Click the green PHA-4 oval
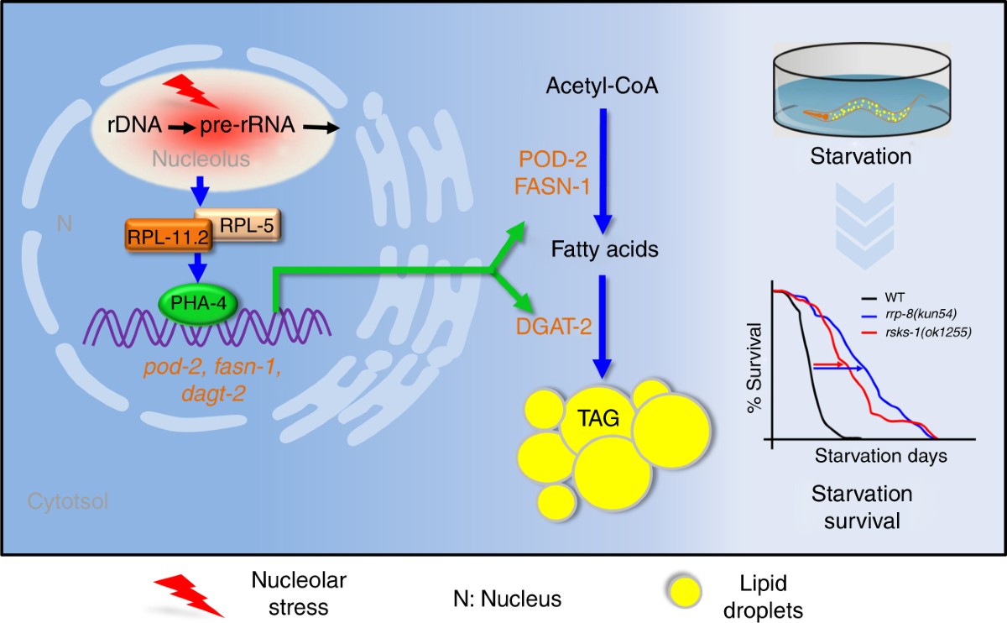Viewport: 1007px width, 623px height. click(198, 304)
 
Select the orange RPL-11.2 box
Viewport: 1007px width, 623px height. click(169, 236)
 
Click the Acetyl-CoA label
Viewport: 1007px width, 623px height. click(602, 86)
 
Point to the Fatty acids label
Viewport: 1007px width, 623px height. click(605, 249)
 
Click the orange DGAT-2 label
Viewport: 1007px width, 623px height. click(553, 326)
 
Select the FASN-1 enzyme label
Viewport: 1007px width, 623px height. click(552, 186)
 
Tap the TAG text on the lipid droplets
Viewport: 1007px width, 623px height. click(598, 418)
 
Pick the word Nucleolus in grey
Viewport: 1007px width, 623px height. click(201, 159)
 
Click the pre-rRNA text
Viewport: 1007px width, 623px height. click(248, 124)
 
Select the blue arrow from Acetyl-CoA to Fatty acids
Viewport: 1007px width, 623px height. click(603, 171)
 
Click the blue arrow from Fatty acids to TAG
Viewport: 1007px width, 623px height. click(602, 327)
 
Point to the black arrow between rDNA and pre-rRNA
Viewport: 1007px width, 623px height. click(182, 128)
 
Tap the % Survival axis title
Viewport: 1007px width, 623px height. click(754, 368)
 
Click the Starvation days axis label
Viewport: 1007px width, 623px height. click(880, 456)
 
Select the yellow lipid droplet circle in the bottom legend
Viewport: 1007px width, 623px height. click(684, 591)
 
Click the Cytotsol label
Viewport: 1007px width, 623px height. click(68, 501)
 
